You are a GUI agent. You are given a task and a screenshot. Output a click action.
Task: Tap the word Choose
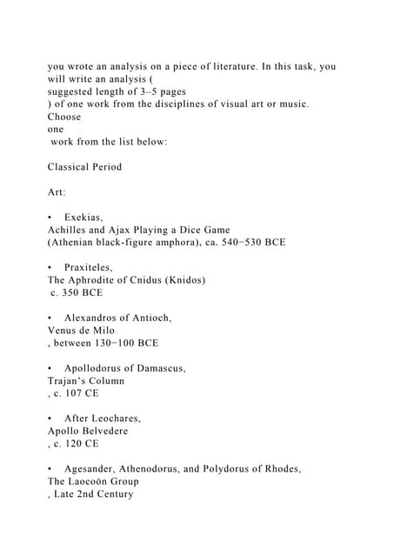pyautogui.click(x=64, y=116)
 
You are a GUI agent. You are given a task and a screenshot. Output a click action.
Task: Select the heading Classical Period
pyautogui.click(x=85, y=166)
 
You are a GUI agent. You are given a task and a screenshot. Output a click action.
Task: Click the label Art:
pyautogui.click(x=57, y=191)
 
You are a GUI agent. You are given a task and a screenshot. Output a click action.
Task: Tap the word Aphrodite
pyautogui.click(x=101, y=280)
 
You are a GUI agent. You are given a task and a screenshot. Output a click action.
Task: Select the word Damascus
pyautogui.click(x=157, y=368)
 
